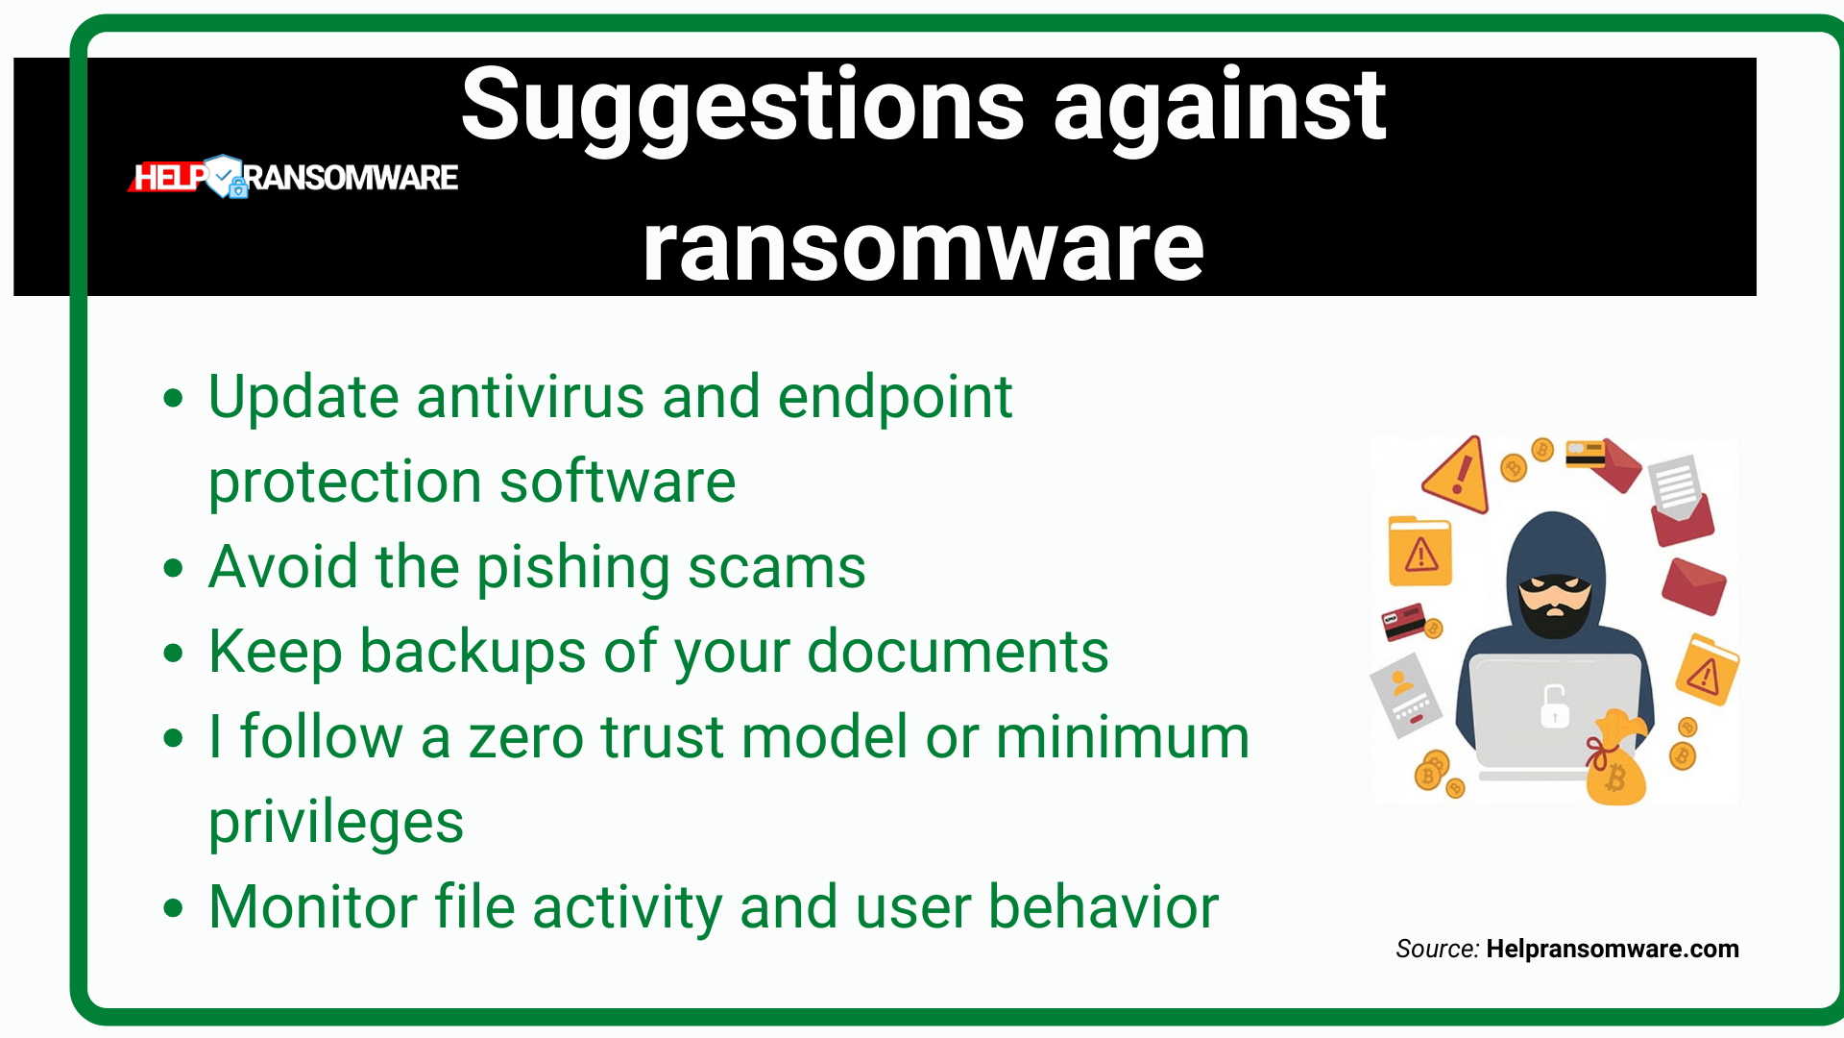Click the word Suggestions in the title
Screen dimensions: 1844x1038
click(x=742, y=106)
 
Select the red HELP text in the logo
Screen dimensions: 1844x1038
click(x=169, y=177)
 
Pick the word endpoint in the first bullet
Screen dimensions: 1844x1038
click(x=895, y=398)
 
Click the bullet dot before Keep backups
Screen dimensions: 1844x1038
click(x=173, y=654)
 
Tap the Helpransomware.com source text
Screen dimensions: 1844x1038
click(x=1613, y=950)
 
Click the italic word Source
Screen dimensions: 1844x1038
click(x=1437, y=950)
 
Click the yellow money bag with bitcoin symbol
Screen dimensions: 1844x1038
click(x=1615, y=759)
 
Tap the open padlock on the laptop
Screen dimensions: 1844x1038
click(x=1554, y=706)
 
